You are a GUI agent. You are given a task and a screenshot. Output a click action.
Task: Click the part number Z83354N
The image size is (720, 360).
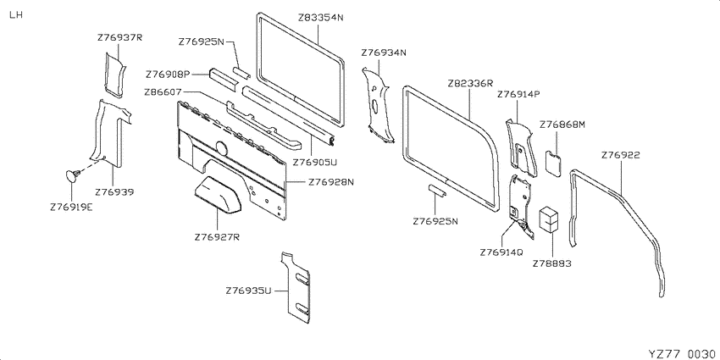click(x=320, y=18)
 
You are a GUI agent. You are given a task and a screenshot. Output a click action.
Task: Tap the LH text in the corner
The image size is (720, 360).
click(x=15, y=14)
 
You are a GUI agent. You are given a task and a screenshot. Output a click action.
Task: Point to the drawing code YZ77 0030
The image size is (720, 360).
click(x=681, y=353)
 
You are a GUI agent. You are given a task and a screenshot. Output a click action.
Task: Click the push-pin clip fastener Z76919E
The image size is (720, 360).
click(x=72, y=175)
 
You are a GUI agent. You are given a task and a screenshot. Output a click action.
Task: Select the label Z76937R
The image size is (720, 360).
click(x=119, y=37)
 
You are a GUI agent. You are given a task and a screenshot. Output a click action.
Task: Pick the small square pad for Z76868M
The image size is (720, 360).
click(x=553, y=163)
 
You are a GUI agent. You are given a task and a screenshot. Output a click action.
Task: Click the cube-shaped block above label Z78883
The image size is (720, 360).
click(x=550, y=218)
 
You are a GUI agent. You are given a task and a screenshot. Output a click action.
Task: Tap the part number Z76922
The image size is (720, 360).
click(x=620, y=155)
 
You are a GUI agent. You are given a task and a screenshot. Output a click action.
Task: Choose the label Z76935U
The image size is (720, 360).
click(x=249, y=291)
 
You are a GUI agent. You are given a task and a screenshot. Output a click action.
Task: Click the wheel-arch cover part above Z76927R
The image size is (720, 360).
click(x=218, y=195)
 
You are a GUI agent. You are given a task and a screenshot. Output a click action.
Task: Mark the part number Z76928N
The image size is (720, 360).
click(x=331, y=182)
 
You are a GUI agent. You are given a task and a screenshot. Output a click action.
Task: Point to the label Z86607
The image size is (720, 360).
click(x=163, y=91)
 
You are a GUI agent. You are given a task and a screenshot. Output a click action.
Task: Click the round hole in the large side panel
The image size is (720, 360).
click(x=222, y=148)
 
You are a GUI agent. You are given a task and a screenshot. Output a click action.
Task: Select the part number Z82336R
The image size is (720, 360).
click(x=470, y=83)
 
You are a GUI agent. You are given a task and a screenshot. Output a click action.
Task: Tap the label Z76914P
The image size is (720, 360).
click(x=518, y=94)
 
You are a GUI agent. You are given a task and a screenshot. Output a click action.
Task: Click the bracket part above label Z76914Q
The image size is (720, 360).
click(x=521, y=206)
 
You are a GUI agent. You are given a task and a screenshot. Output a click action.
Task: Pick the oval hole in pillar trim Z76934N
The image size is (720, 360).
click(x=375, y=106)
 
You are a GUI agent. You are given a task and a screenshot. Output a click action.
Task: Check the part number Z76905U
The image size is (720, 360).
click(x=315, y=162)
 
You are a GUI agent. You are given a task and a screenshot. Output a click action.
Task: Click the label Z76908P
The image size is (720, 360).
click(x=168, y=74)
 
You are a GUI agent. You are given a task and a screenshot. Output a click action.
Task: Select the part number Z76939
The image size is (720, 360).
click(x=115, y=192)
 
